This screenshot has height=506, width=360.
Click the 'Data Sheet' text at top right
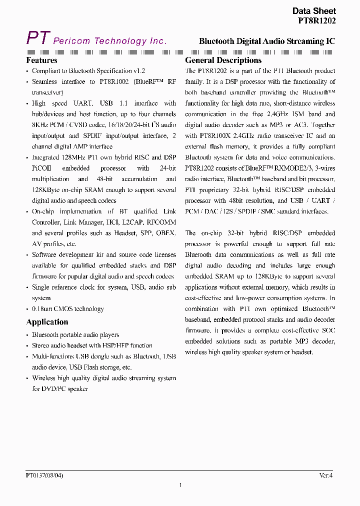point(313,11)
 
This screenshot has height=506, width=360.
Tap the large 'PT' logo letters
point(38,38)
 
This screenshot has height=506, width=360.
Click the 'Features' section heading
point(42,60)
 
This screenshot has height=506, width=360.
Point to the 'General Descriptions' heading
point(223,60)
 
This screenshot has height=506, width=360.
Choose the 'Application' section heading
point(47,322)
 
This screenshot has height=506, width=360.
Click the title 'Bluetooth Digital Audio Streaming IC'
point(267,41)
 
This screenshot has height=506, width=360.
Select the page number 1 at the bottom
point(180,485)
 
